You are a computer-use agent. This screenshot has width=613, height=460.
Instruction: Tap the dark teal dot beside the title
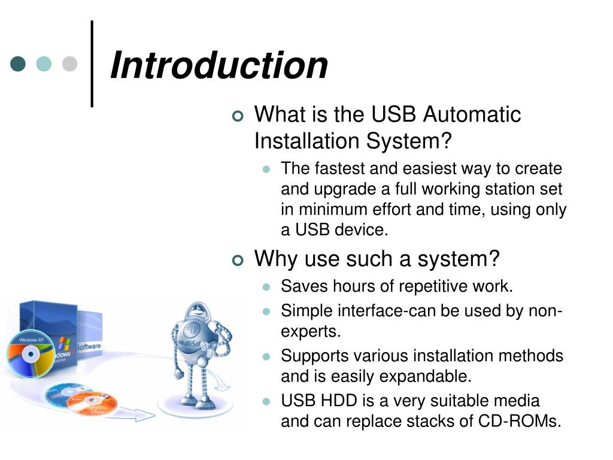tap(19, 64)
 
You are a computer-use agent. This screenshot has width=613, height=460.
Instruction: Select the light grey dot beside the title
tap(70, 64)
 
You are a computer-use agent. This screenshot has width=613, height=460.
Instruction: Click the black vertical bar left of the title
tap(92, 64)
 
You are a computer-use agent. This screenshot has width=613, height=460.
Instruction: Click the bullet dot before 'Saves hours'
tap(267, 287)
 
